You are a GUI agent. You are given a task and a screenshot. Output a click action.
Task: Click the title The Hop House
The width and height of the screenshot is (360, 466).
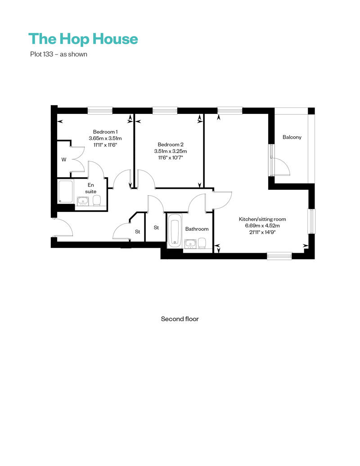click(x=83, y=39)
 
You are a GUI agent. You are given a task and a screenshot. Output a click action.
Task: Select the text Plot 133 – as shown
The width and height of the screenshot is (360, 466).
click(x=58, y=54)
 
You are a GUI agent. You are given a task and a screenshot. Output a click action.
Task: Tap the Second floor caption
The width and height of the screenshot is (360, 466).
click(x=180, y=319)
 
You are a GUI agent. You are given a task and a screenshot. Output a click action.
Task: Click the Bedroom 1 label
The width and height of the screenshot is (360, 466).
click(x=105, y=132)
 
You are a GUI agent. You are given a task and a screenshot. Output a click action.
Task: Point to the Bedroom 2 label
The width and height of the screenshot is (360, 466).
click(x=171, y=144)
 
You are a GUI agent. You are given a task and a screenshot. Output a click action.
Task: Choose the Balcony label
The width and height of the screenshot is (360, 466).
click(x=292, y=137)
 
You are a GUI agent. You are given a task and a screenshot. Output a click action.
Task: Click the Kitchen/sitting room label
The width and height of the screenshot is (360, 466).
click(x=262, y=219)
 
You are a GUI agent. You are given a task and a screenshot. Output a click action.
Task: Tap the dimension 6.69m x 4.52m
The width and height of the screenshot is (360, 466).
click(x=262, y=225)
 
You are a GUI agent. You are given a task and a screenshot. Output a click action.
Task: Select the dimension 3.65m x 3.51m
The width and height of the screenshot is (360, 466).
click(x=105, y=138)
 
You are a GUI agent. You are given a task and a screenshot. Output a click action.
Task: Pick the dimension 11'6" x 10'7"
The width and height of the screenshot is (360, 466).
click(x=171, y=157)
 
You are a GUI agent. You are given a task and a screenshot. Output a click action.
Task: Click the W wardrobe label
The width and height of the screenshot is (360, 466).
click(x=64, y=160)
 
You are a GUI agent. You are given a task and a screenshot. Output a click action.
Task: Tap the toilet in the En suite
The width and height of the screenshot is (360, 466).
click(x=97, y=201)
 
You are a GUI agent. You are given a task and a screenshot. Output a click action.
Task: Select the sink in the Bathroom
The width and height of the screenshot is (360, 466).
click(x=189, y=244)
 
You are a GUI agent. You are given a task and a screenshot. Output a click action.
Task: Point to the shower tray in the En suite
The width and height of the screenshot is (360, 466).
click(x=65, y=192)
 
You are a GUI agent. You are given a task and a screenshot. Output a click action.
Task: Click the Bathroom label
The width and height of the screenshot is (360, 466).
click(x=197, y=229)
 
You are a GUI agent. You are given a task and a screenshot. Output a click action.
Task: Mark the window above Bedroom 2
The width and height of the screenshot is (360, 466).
click(x=165, y=111)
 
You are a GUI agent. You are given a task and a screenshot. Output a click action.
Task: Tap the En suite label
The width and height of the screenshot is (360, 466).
click(x=90, y=188)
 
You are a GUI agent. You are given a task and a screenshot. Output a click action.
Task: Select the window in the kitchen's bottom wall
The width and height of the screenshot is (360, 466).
click(x=279, y=255)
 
